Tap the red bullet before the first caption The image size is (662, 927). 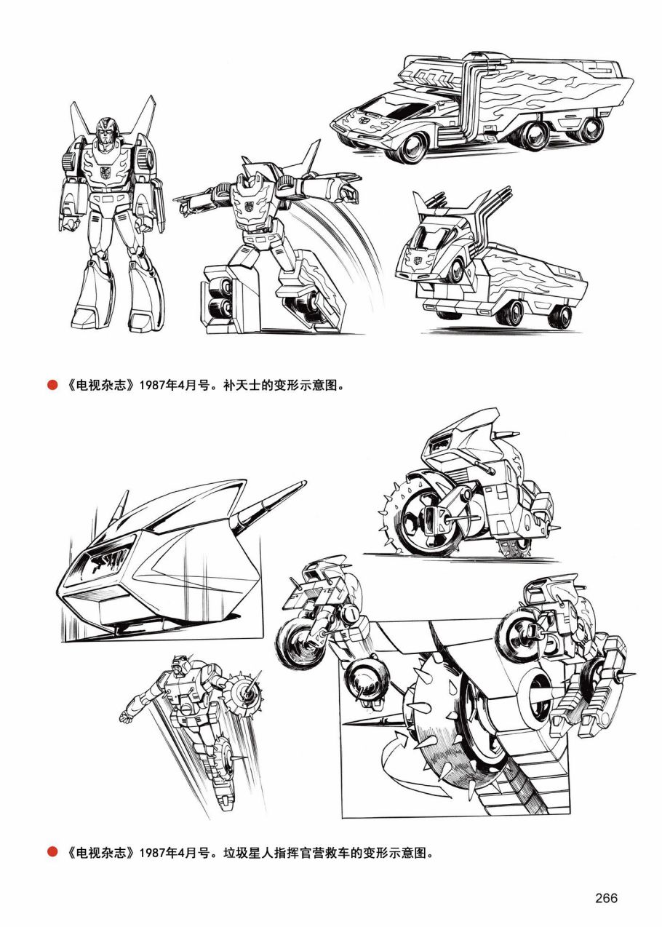pyautogui.click(x=52, y=386)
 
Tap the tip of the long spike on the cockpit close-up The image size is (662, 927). pyautogui.click(x=306, y=482)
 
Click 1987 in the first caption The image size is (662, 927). pyautogui.click(x=152, y=386)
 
